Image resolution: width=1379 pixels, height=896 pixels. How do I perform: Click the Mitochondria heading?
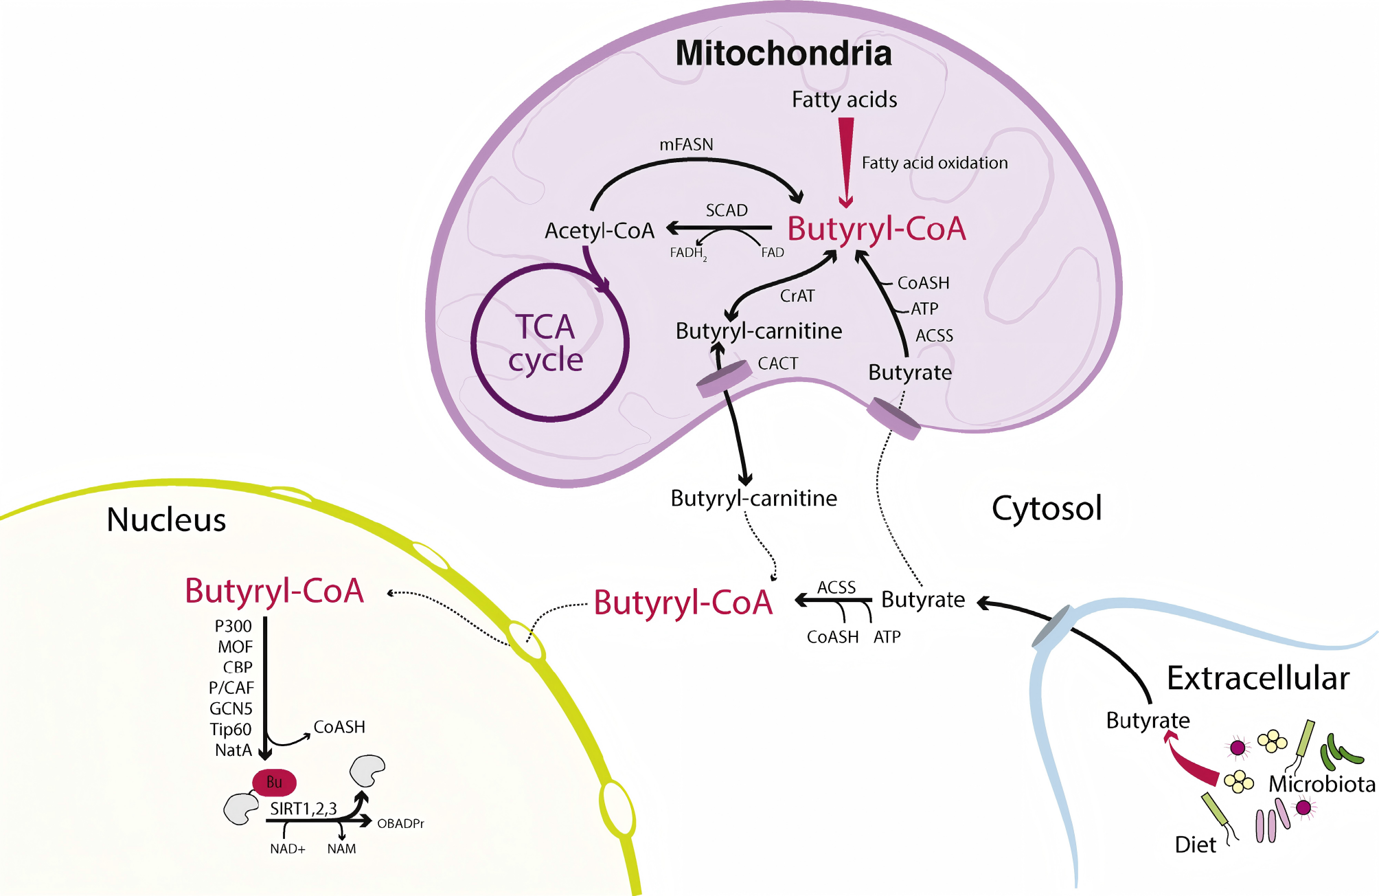[784, 54]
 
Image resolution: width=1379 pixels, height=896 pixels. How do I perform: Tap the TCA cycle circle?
[549, 342]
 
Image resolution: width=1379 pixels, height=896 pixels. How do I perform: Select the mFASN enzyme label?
[686, 144]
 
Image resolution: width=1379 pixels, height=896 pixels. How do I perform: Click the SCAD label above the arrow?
[727, 210]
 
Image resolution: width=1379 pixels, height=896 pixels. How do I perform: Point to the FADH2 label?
[687, 253]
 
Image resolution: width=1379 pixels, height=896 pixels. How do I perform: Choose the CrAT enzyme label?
[797, 296]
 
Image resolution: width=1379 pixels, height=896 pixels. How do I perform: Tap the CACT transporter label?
[777, 363]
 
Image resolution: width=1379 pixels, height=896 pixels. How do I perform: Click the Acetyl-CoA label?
[599, 231]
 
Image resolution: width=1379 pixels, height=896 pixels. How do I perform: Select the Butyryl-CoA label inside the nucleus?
[274, 591]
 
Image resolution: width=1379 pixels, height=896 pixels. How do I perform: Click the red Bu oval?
[274, 782]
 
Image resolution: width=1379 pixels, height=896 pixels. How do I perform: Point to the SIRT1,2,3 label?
[303, 809]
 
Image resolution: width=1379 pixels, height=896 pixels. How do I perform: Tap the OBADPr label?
[400, 823]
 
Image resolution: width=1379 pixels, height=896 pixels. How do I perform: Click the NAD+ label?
[287, 849]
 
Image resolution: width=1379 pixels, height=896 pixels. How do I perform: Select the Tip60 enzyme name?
[231, 729]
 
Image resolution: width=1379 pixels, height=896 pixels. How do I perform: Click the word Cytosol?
[1047, 508]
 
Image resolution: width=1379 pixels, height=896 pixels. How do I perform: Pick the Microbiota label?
[1321, 784]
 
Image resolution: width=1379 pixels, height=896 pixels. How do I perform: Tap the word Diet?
[1195, 844]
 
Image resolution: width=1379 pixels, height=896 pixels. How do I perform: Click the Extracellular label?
[1258, 678]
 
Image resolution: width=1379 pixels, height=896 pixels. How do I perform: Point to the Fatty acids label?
[844, 100]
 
